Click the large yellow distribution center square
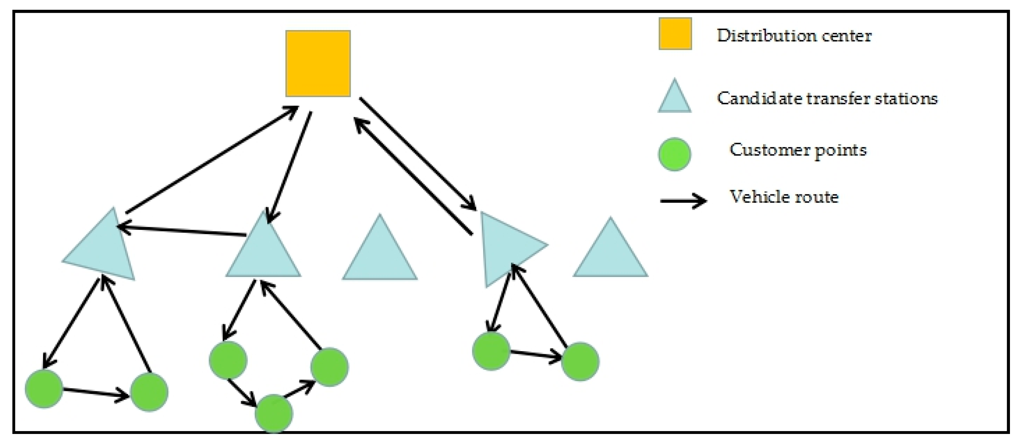318,64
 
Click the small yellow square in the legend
675,34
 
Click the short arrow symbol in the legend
682,201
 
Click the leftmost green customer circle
44,388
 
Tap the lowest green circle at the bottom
273,413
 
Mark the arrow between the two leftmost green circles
95,392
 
